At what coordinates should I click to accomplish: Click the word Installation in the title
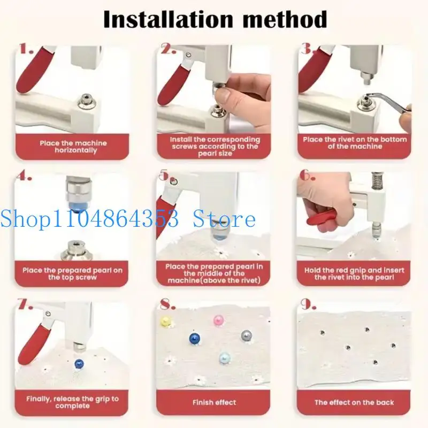[x=168, y=19]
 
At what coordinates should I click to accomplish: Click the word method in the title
[x=285, y=19]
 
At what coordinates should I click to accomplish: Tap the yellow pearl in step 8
[x=166, y=322]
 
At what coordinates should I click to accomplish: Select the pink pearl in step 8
[x=219, y=320]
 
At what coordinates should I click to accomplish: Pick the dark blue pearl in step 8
[x=195, y=339]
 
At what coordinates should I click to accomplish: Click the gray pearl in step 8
[x=247, y=335]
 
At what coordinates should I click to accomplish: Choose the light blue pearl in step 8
[x=225, y=358]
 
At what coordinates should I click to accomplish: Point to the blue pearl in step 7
[x=79, y=364]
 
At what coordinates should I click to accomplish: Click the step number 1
[x=26, y=49]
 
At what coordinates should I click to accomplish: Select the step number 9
[x=309, y=304]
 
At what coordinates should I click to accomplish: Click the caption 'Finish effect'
[x=215, y=402]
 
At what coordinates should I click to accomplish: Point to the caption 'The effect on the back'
[x=354, y=402]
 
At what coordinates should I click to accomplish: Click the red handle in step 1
[x=34, y=70]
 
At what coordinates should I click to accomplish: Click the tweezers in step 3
[x=387, y=101]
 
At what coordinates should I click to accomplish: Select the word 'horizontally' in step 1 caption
[x=75, y=150]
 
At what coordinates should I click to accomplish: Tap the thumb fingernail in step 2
[x=224, y=96]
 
